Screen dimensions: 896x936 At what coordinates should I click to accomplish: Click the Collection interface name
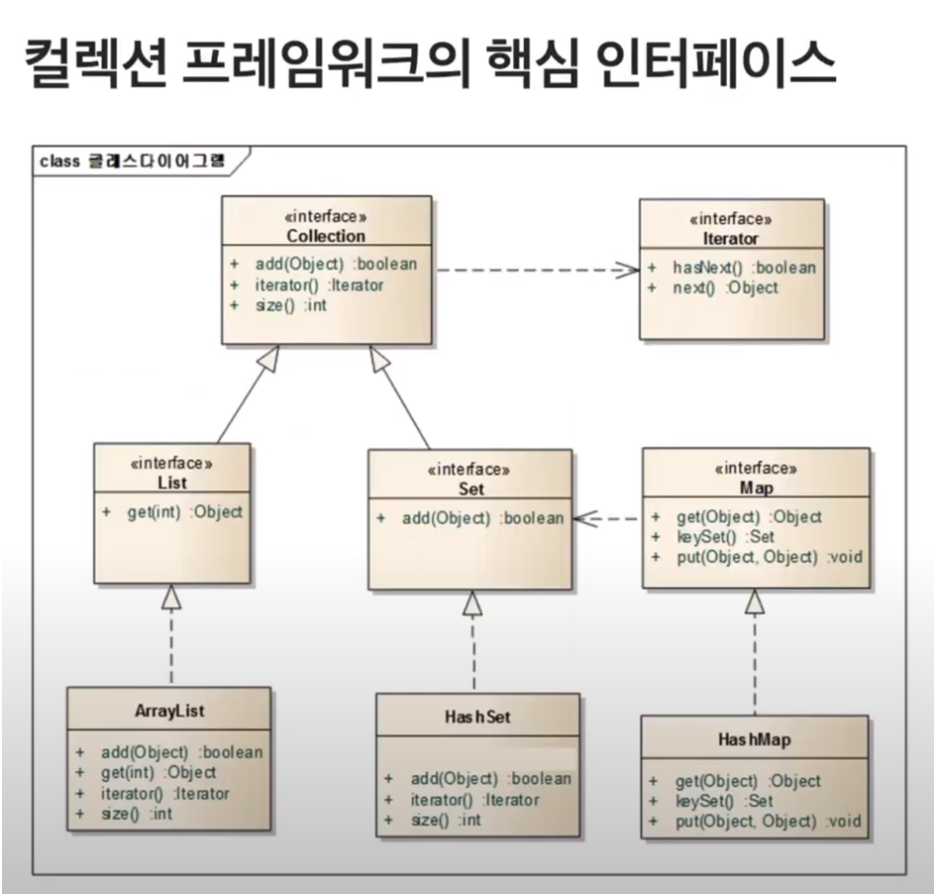pyautogui.click(x=326, y=236)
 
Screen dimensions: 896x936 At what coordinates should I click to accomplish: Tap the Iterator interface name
pyautogui.click(x=731, y=238)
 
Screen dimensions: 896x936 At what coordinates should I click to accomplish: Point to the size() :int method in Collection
pyautogui.click(x=290, y=305)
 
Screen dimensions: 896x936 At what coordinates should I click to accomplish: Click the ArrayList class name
pyautogui.click(x=169, y=712)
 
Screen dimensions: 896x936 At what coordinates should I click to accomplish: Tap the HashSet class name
pyautogui.click(x=477, y=717)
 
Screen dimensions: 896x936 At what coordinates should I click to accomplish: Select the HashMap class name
pyautogui.click(x=754, y=740)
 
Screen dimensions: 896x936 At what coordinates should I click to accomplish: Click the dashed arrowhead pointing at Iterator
pyautogui.click(x=627, y=269)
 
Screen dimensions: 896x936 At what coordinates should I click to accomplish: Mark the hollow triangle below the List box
pyautogui.click(x=172, y=598)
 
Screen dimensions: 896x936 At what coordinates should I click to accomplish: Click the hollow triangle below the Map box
pyautogui.click(x=756, y=601)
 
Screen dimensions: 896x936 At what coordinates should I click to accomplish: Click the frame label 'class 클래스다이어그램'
pyautogui.click(x=133, y=160)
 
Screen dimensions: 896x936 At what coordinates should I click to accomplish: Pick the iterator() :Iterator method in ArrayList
pyautogui.click(x=163, y=793)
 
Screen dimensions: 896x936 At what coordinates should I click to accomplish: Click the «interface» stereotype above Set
pyautogui.click(x=469, y=470)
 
